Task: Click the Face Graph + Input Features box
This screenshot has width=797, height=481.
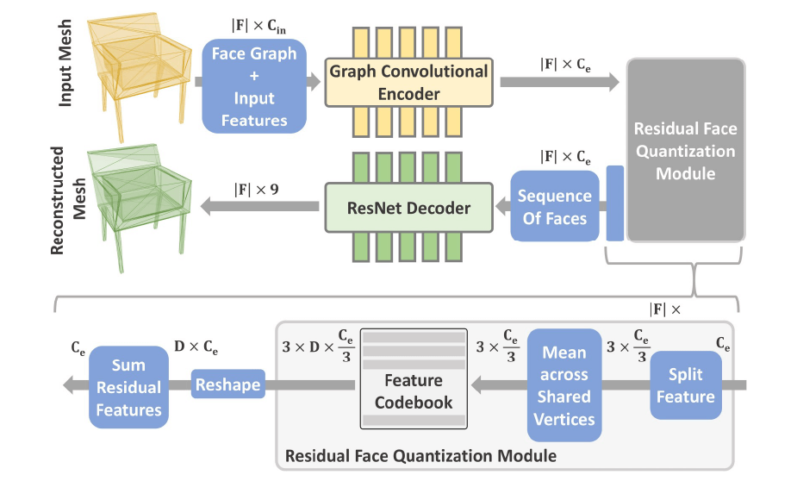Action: [x=255, y=86]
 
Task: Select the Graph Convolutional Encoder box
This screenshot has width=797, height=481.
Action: [x=408, y=82]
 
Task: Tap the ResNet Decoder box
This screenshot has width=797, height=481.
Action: [x=408, y=208]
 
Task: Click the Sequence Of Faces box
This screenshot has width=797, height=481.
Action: [x=555, y=207]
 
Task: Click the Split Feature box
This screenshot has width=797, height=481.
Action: [x=686, y=385]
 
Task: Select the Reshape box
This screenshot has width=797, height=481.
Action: [x=227, y=384]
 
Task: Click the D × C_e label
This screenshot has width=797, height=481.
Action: [x=196, y=348]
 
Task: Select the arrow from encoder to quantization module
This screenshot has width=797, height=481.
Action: [x=560, y=81]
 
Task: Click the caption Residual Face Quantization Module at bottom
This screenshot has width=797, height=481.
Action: [x=420, y=454]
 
